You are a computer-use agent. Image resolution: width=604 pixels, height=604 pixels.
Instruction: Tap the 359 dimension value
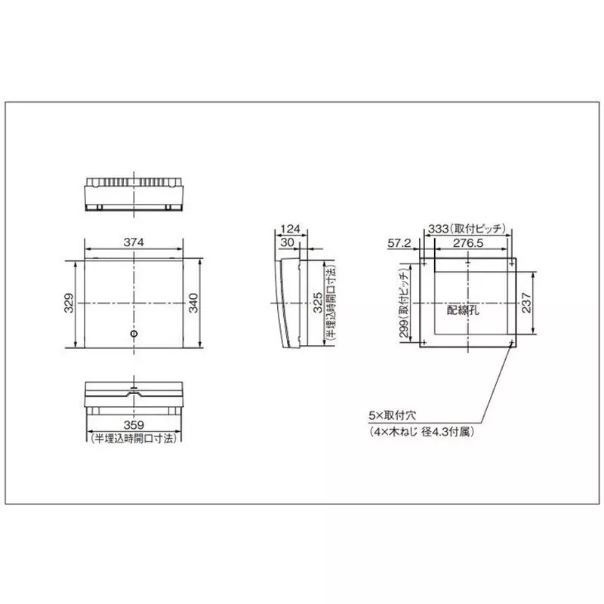point(134,424)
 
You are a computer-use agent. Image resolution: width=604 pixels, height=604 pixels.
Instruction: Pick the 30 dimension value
point(288,242)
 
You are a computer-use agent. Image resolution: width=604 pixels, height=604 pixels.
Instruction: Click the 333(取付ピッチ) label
point(470,228)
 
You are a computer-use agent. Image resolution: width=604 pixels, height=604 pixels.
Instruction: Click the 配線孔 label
point(461,309)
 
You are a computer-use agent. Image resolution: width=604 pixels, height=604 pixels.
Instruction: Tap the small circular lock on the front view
point(134,334)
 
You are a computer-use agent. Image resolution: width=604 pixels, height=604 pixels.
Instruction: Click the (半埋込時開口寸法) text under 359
point(134,438)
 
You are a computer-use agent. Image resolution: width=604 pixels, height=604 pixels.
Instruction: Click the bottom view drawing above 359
point(134,398)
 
